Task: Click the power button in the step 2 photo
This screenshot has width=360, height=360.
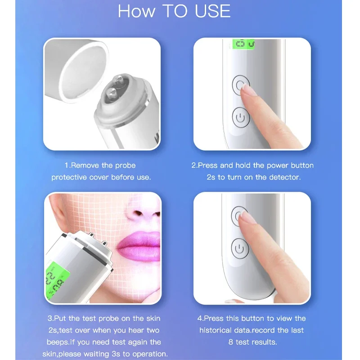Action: (x=241, y=118)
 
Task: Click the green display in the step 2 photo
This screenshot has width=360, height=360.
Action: (x=243, y=44)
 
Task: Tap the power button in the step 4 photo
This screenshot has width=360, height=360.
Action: (x=240, y=248)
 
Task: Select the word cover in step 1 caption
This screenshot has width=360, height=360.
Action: (x=103, y=177)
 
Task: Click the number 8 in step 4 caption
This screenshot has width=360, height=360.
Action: (x=231, y=342)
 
